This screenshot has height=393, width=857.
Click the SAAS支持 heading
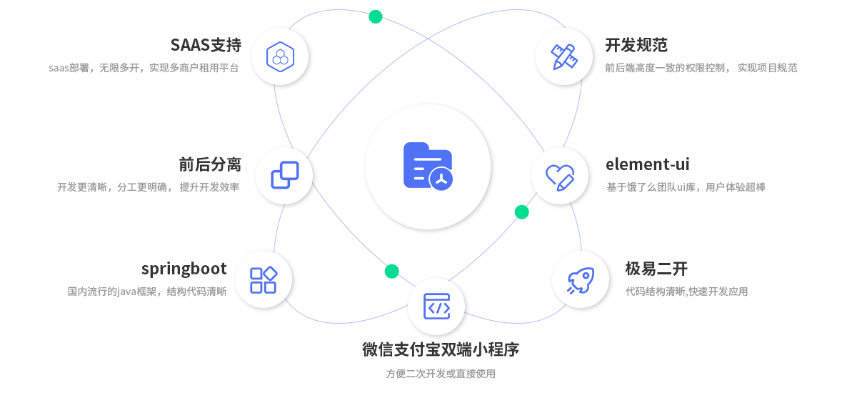(206, 45)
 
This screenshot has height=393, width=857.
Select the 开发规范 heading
(636, 45)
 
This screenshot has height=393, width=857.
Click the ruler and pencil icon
(563, 56)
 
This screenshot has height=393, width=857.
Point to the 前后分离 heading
(210, 164)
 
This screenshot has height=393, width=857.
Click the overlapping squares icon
(284, 176)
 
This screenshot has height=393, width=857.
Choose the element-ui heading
(648, 164)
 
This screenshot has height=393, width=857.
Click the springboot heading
(184, 269)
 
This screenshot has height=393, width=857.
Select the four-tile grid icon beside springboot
(263, 279)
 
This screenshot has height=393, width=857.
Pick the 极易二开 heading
(656, 269)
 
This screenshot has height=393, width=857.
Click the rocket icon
(580, 279)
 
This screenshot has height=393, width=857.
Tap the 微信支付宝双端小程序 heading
(440, 349)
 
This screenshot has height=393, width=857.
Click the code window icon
(436, 306)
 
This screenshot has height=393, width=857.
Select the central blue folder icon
(428, 166)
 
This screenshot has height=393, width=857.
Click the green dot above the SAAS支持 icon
(376, 16)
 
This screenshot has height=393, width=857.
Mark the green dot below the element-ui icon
(521, 212)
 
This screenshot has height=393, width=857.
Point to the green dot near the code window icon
(391, 271)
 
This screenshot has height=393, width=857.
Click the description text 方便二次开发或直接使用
(440, 374)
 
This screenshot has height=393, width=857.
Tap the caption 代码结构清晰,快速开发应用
(686, 292)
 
